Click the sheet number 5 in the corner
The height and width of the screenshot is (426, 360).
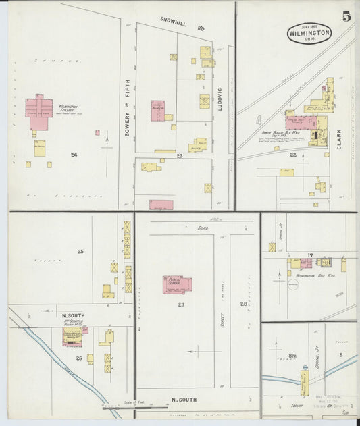(x=346, y=17)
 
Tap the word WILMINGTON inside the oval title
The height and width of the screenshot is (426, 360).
(x=309, y=32)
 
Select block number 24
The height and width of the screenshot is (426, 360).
(x=73, y=155)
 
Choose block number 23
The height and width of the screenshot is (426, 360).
(x=180, y=156)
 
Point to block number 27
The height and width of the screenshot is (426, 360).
(x=181, y=304)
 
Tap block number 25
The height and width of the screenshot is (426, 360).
(x=80, y=252)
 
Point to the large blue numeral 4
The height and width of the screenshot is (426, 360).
(x=259, y=122)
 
